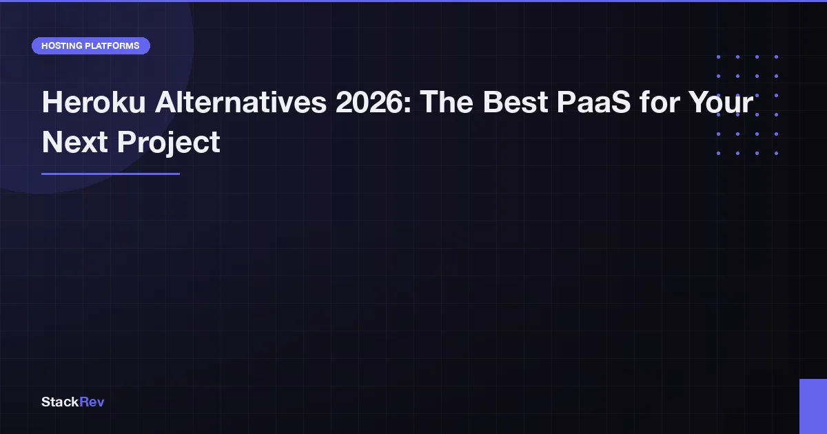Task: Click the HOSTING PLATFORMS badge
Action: (x=91, y=45)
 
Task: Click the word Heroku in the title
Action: (x=94, y=102)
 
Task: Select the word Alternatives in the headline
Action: (x=241, y=102)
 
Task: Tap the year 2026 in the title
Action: (x=369, y=102)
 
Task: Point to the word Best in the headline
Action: (x=515, y=102)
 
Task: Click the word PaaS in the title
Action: (x=593, y=102)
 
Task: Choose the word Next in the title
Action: (x=75, y=142)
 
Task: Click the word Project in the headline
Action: (x=169, y=142)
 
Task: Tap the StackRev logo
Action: (x=73, y=402)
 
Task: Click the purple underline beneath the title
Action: (x=110, y=174)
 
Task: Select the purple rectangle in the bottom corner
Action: (x=813, y=406)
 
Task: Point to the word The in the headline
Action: (x=447, y=102)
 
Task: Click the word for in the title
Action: (x=660, y=102)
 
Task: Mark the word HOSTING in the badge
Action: (x=61, y=45)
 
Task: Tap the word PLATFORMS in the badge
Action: (x=112, y=45)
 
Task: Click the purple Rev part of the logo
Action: (x=92, y=402)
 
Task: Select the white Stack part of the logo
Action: (x=60, y=402)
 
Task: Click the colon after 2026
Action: (x=407, y=105)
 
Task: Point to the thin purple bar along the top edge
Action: (x=413, y=1)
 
